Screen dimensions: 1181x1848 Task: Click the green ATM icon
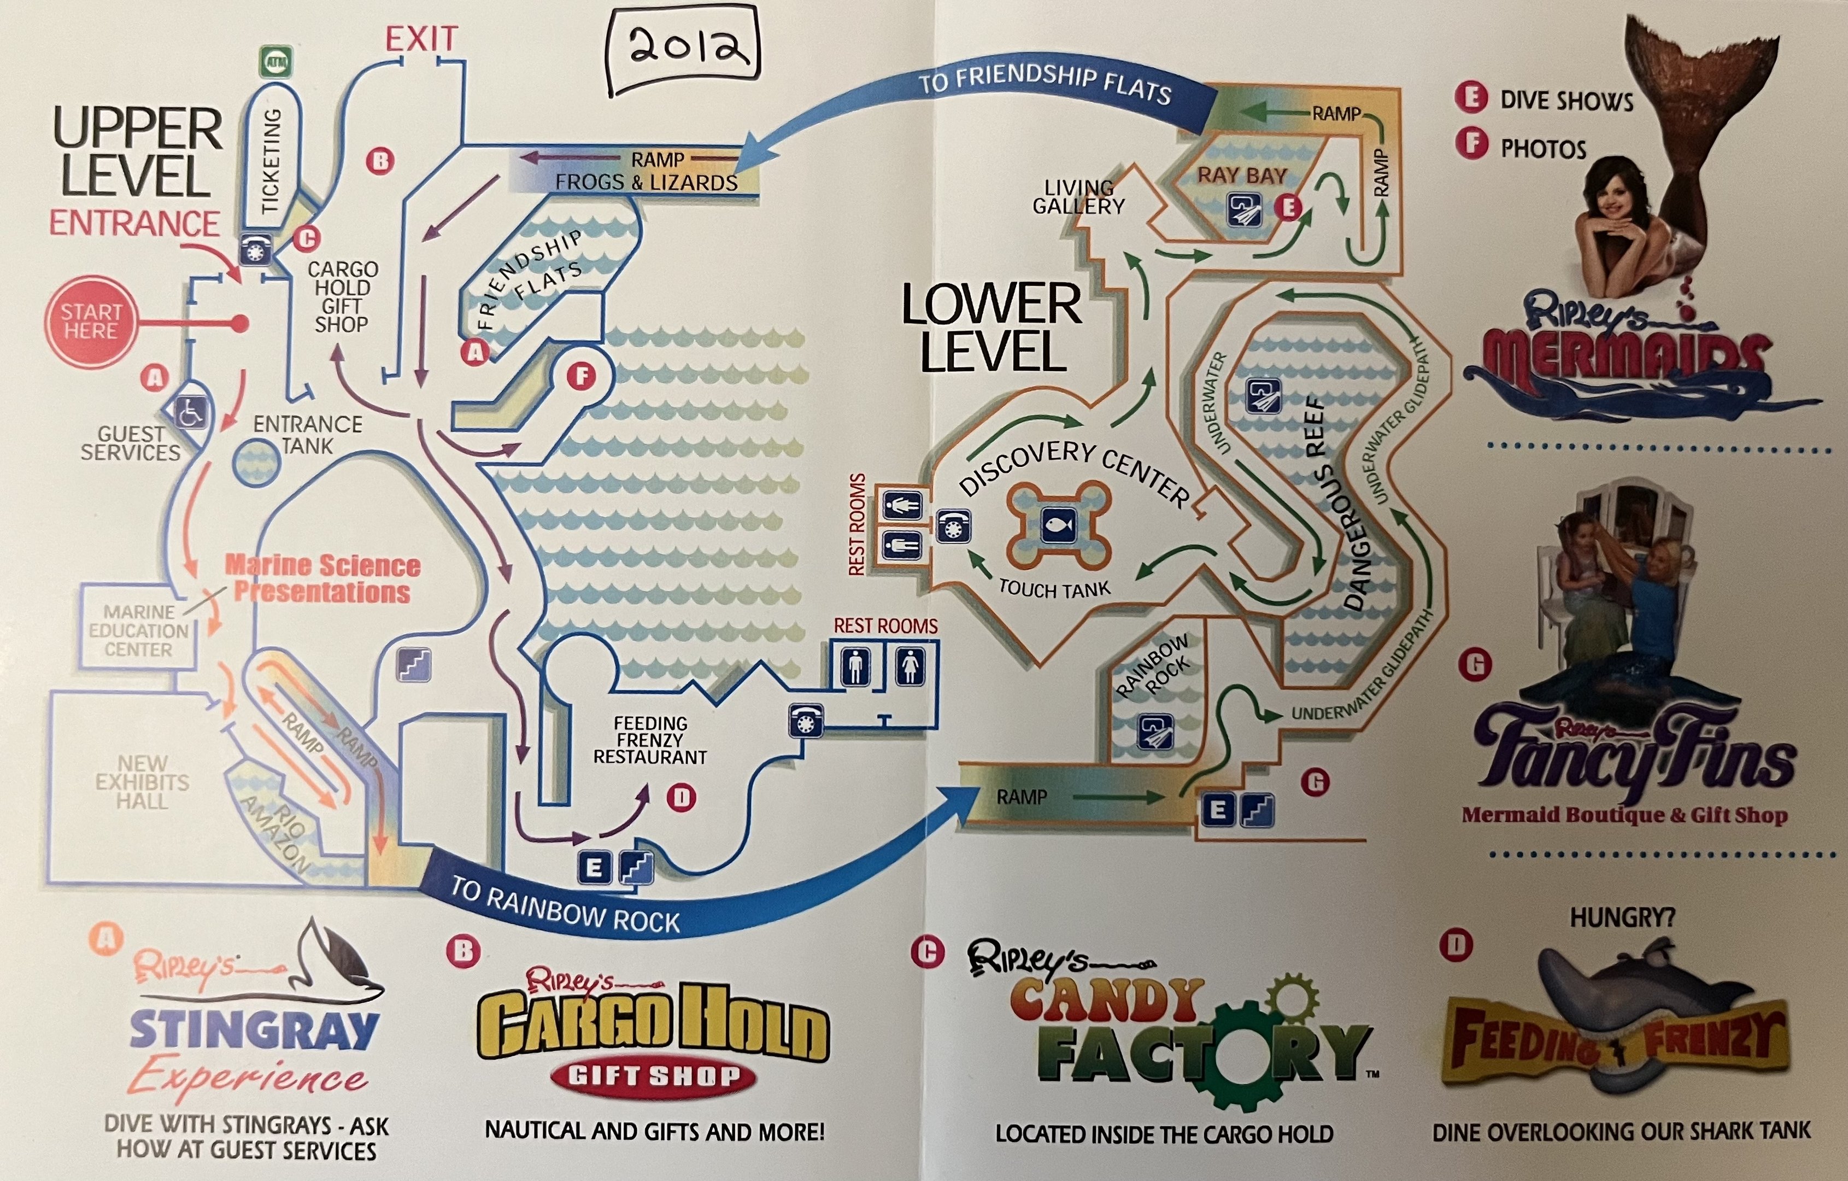(276, 61)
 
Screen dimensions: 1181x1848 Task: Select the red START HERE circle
(91, 321)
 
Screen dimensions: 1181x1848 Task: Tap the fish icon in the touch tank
(1058, 527)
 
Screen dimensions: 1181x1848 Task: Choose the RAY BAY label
(1242, 176)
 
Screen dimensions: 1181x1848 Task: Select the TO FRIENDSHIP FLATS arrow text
(1045, 84)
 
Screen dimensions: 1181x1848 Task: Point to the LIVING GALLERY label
(1078, 197)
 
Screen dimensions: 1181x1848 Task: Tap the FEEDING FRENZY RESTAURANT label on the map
(650, 740)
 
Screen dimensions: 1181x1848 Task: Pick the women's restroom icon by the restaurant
(910, 665)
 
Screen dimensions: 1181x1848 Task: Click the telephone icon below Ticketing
(256, 249)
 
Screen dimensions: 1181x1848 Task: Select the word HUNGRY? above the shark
(1622, 917)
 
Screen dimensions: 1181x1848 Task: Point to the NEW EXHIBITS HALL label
(142, 782)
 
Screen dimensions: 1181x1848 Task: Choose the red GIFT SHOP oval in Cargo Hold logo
(654, 1076)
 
